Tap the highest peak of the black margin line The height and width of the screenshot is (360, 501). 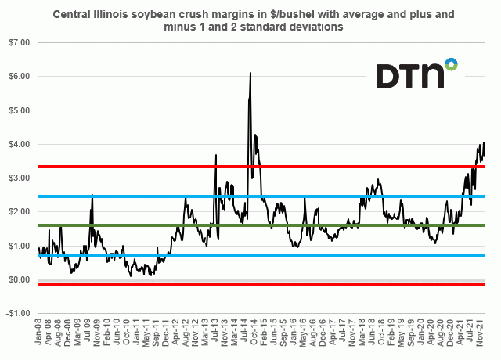[x=250, y=73]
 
